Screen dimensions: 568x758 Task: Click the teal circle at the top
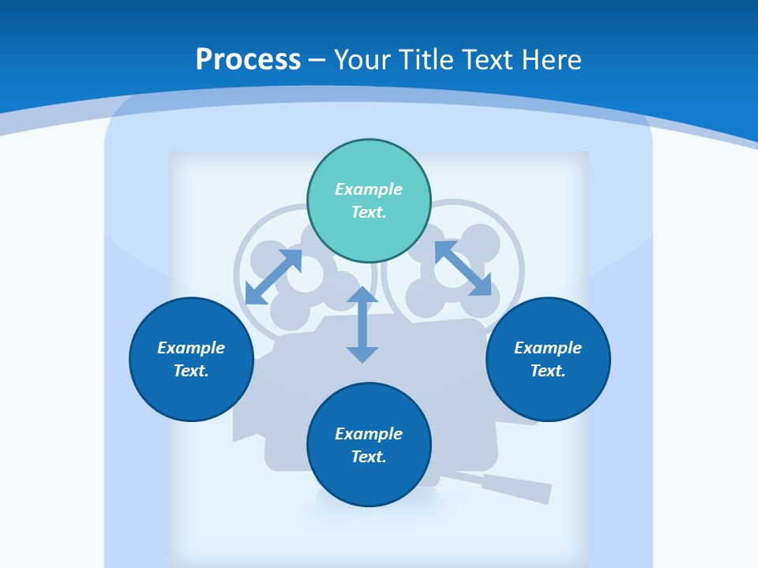click(x=369, y=200)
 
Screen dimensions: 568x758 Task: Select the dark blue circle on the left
click(x=191, y=359)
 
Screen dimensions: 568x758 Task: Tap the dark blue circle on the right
click(x=548, y=359)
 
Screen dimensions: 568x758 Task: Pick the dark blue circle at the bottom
click(x=369, y=445)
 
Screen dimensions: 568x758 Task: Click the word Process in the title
click(x=248, y=60)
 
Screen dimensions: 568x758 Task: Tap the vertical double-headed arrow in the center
click(x=362, y=324)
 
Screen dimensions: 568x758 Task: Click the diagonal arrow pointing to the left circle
click(x=273, y=276)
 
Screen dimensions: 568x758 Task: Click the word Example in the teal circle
click(x=369, y=189)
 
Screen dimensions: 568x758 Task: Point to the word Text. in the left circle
click(x=191, y=371)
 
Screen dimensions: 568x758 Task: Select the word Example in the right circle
click(x=548, y=348)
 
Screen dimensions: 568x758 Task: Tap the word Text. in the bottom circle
click(x=369, y=457)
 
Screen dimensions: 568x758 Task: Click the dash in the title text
click(x=317, y=60)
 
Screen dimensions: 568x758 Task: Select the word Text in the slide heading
click(x=490, y=60)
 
